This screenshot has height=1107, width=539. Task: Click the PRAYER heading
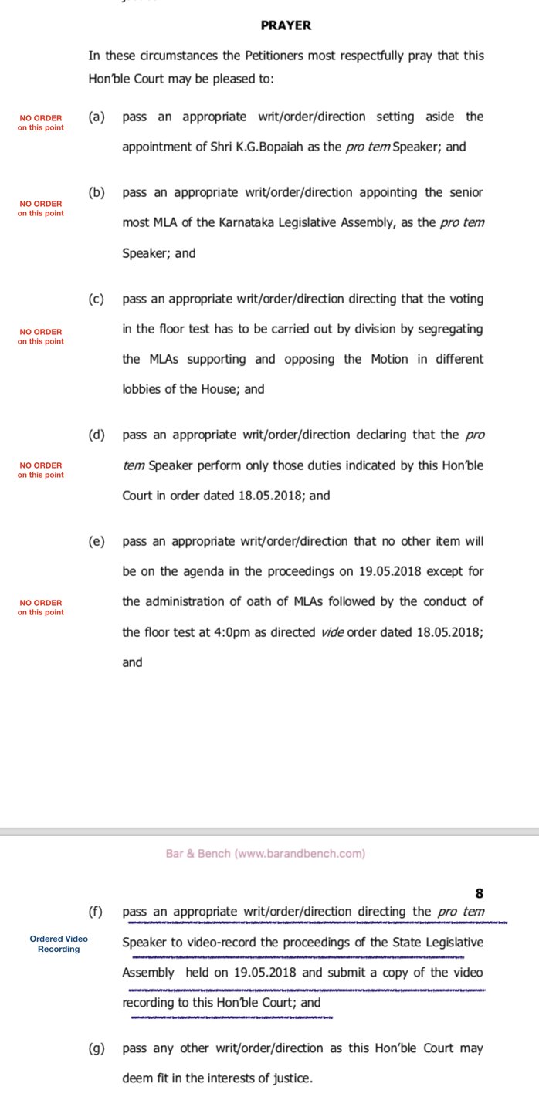pos(286,25)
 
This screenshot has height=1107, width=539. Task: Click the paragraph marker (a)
pos(97,117)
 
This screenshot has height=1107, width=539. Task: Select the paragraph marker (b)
pos(97,192)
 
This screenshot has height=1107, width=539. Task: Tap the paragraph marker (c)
pos(97,299)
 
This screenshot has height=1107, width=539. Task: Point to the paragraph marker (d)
pos(97,435)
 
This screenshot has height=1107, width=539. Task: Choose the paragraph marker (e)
pos(97,541)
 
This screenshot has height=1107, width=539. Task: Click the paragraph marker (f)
pos(96,912)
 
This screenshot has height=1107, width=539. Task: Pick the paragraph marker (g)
pos(97,1048)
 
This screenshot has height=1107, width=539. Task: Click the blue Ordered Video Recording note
pos(59,943)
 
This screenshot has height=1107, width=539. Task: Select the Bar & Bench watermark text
pos(266,854)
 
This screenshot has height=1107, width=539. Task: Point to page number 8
pos(479,894)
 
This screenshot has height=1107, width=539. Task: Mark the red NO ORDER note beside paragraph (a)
pos(41,122)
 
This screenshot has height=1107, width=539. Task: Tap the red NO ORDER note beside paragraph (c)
pos(41,337)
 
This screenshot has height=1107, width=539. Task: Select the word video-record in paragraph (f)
pos(218,942)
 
